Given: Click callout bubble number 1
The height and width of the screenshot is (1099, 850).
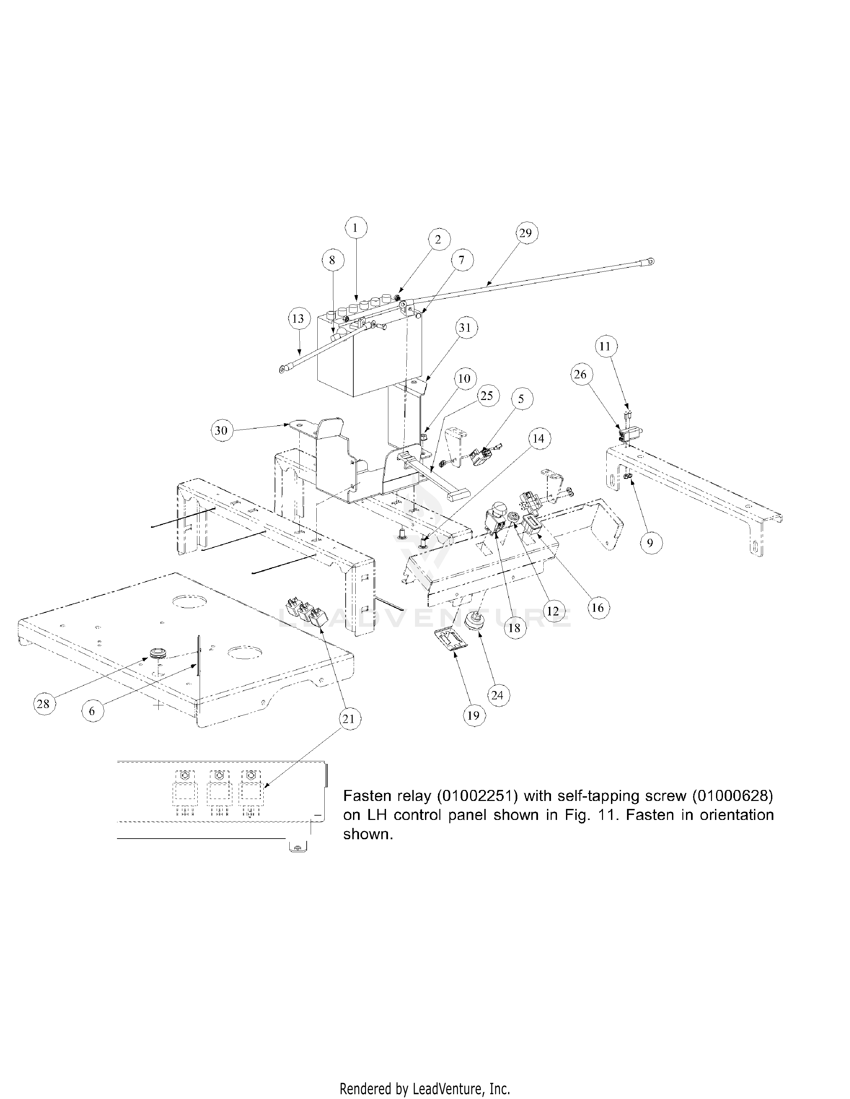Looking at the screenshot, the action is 356,228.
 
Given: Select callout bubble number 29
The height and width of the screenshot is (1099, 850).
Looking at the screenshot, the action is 525,233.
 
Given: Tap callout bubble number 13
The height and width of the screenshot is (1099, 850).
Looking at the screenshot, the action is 298,318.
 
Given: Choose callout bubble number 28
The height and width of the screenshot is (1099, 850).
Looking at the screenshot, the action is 43,703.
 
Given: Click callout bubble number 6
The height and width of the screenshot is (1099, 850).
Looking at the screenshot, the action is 92,711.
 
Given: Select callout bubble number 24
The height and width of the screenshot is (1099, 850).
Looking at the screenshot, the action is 497,695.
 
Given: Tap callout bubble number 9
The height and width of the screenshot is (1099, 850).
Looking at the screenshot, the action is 650,543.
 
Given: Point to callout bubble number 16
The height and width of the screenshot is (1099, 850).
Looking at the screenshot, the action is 597,608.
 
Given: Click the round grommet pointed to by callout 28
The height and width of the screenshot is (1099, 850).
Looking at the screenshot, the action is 156,654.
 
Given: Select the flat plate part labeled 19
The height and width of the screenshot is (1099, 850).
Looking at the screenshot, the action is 449,640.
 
